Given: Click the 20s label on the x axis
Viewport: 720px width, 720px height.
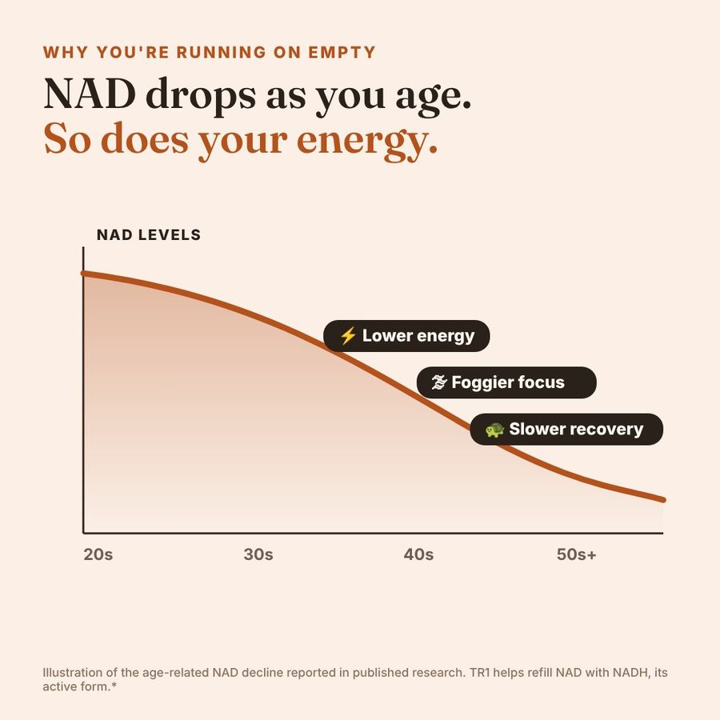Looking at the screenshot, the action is pos(98,554).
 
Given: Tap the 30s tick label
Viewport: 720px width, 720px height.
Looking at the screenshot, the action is pos(258,554).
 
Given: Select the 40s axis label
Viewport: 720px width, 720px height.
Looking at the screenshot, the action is pos(418,554).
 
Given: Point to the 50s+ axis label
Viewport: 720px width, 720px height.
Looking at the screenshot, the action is pos(576,554).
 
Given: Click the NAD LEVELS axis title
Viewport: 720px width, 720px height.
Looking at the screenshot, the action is pos(149,234).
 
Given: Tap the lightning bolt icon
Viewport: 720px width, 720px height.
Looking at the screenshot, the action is pos(348,336).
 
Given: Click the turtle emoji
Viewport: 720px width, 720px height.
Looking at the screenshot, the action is pos(494,430).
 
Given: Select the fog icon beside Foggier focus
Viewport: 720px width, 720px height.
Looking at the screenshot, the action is pos(439,382).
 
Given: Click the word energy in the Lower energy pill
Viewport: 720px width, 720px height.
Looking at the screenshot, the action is pos(446,337).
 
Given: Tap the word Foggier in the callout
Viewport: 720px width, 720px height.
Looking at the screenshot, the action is pos(478,383).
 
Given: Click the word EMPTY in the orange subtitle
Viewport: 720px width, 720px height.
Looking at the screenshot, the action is pos(342,52).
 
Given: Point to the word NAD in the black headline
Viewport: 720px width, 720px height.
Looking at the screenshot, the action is pos(90,94).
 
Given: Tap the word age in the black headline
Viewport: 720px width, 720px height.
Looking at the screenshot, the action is pos(434,98).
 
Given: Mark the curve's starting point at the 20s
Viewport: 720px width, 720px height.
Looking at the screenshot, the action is pos(83,274).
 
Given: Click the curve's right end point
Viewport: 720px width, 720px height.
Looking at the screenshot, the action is pos(663,499).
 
